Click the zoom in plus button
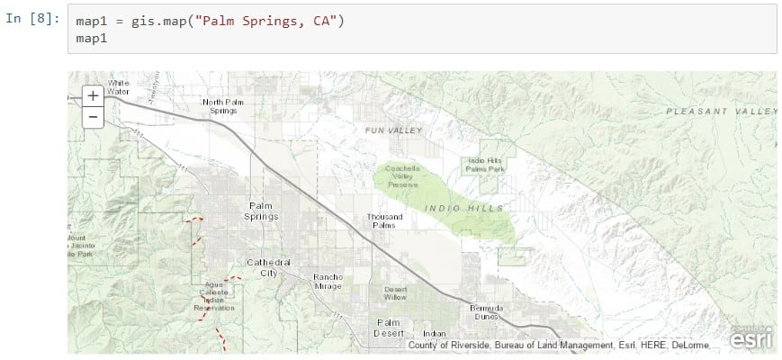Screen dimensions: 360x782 [x=93, y=96]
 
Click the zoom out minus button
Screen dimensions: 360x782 [x=93, y=117]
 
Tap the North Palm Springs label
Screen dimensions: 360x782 [x=222, y=106]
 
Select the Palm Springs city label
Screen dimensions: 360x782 [x=263, y=211]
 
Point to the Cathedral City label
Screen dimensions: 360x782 [x=268, y=267]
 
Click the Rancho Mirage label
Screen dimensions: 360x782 [x=327, y=281]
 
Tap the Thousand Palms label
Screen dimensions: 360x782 [x=384, y=221]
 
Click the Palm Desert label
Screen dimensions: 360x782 [x=388, y=328]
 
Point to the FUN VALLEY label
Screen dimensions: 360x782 [x=392, y=130]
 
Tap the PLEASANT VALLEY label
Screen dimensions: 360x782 [x=721, y=112]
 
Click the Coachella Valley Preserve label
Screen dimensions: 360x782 [x=402, y=175]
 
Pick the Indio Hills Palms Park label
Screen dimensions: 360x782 [x=485, y=165]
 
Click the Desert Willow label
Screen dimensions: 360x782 [x=395, y=292]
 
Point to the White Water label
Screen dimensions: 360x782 [x=118, y=87]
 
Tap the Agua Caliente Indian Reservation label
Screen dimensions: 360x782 [x=213, y=296]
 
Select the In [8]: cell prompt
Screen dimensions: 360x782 [x=31, y=20]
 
